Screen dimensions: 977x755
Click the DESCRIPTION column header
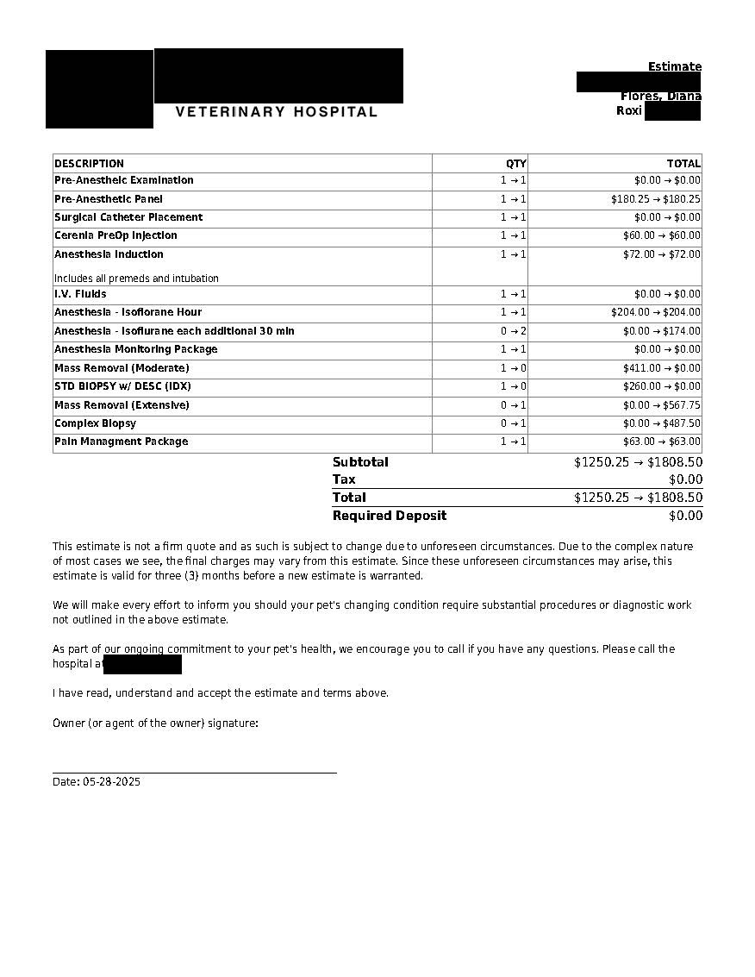point(90,164)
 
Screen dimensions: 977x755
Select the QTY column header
point(515,164)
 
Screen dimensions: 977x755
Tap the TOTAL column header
point(683,164)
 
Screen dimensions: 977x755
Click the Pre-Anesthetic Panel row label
point(109,199)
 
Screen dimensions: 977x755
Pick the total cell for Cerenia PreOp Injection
point(662,235)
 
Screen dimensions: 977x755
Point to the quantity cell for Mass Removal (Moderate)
point(514,368)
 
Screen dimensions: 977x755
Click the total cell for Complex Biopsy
point(662,423)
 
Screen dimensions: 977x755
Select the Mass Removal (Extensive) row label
point(122,405)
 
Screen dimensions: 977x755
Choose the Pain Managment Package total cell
point(662,442)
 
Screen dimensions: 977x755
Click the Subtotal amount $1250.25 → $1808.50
point(638,462)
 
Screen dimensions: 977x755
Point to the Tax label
point(344,479)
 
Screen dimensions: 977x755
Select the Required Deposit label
point(390,516)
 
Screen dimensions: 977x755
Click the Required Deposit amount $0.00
point(685,516)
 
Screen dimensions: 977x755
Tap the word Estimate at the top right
point(675,67)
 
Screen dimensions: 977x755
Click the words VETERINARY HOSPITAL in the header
point(277,112)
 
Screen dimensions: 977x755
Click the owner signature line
point(195,773)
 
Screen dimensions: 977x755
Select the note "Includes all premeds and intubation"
point(136,279)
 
